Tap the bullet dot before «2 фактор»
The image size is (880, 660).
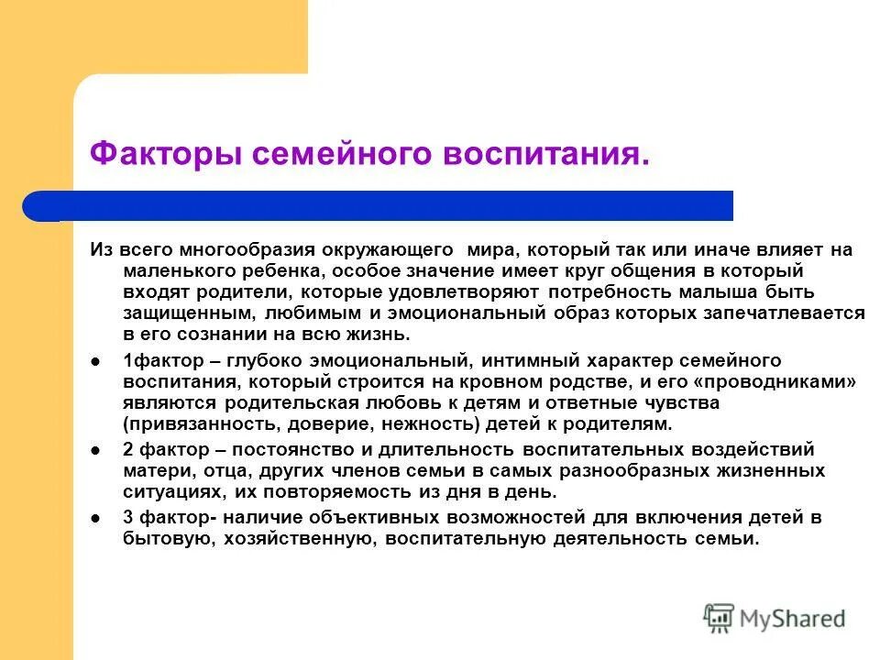point(95,450)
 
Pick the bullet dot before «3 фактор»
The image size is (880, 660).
point(95,519)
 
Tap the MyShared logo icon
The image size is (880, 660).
point(720,617)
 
